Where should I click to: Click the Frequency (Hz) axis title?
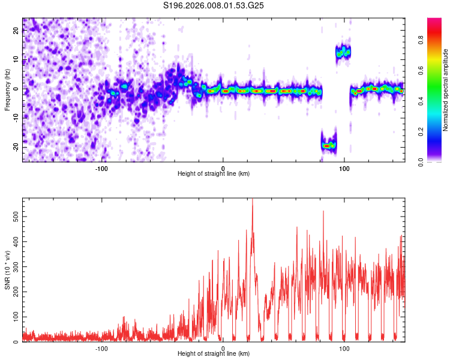(7, 90)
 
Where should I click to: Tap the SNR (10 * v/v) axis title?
(7, 269)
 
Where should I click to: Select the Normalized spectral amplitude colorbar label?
(446, 90)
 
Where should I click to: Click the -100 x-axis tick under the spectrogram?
(101, 168)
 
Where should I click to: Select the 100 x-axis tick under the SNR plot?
(344, 348)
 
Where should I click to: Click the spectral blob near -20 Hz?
(328, 145)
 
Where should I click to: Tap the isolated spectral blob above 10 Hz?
(343, 52)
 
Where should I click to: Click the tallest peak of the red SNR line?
(252, 200)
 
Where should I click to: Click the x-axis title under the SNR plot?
(214, 354)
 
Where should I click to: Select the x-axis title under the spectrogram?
(214, 174)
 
